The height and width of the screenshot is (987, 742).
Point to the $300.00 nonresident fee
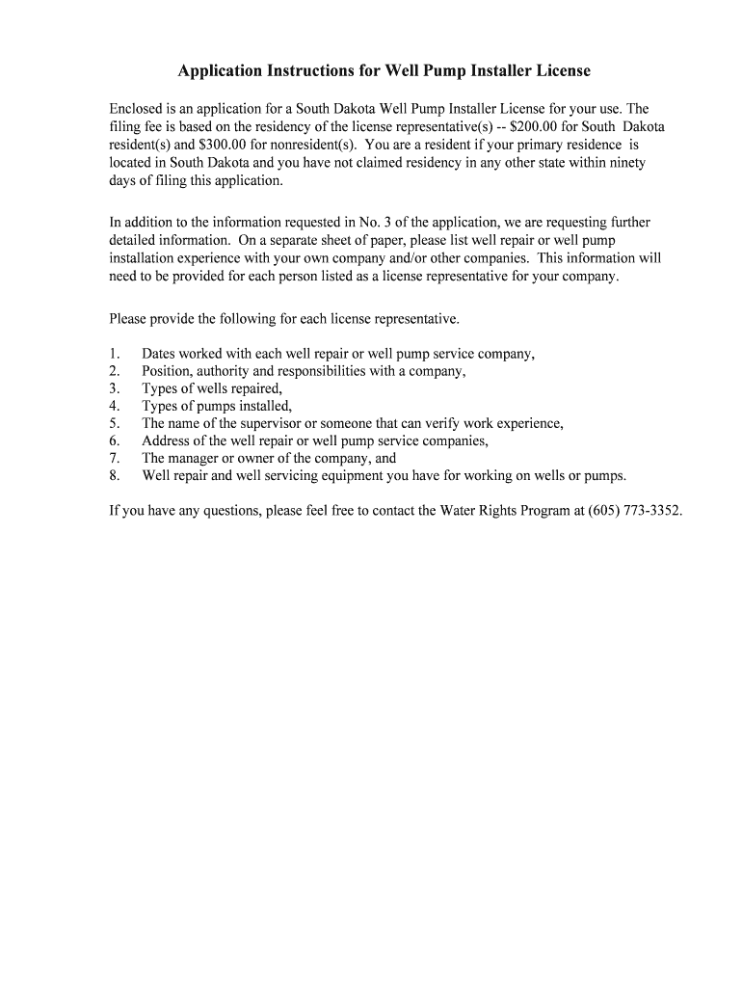pyautogui.click(x=223, y=146)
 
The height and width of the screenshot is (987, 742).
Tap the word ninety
pyautogui.click(x=624, y=163)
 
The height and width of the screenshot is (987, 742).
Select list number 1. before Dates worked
pyautogui.click(x=114, y=354)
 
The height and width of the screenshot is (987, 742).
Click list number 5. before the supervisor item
pyautogui.click(x=114, y=423)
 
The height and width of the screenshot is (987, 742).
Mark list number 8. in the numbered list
pyautogui.click(x=114, y=475)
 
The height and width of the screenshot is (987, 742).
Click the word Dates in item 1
pyautogui.click(x=160, y=354)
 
